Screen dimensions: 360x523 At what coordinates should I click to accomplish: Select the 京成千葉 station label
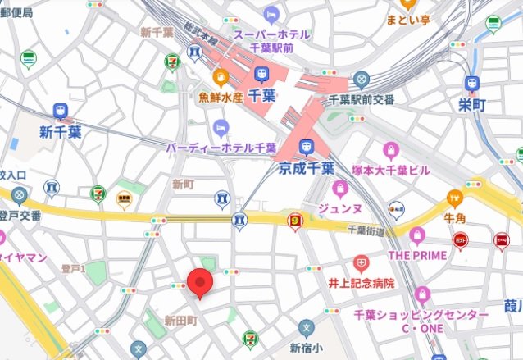(306, 168)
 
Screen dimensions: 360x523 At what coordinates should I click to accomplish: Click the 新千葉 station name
(61, 132)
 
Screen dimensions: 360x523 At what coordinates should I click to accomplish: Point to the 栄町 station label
(473, 104)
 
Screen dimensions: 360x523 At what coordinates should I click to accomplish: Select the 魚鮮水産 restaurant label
(221, 96)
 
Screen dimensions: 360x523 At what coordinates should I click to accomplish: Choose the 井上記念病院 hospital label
(362, 283)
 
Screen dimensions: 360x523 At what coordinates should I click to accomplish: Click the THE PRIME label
(417, 255)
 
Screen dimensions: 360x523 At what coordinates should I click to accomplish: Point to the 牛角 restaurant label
(455, 218)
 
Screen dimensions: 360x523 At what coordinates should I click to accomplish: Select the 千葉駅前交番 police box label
(362, 99)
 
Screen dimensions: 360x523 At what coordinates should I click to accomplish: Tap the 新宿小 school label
(306, 347)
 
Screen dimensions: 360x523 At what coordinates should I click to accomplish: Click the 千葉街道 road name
(366, 232)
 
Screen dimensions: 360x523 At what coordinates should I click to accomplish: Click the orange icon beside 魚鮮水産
(221, 78)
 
